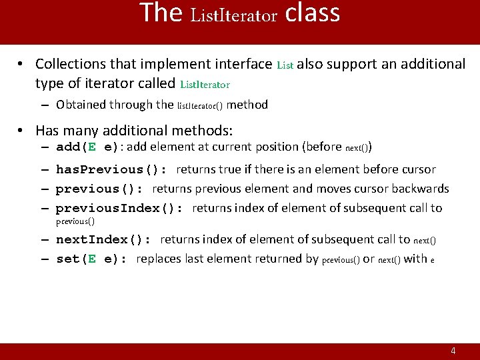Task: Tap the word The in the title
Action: click(161, 13)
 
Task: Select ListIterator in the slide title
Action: click(233, 15)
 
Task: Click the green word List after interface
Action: click(285, 65)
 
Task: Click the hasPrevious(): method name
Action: click(112, 170)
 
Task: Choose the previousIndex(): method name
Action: click(119, 209)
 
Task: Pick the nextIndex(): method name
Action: click(104, 240)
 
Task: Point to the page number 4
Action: click(453, 351)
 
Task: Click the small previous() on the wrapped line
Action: click(75, 221)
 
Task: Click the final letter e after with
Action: click(433, 261)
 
